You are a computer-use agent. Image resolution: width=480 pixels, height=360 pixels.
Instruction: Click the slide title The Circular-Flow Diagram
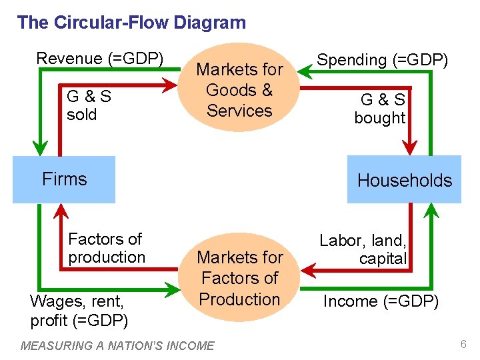[131, 23]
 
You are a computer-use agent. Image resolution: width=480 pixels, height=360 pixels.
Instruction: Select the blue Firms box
[64, 179]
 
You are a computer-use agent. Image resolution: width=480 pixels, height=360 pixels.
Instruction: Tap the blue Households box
[404, 180]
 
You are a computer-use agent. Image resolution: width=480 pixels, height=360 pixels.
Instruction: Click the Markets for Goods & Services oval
[239, 90]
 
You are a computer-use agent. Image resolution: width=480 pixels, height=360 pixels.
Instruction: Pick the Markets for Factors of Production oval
[239, 278]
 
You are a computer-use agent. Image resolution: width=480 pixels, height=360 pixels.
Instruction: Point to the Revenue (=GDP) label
[99, 59]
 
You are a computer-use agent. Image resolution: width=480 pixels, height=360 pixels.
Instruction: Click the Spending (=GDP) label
[382, 60]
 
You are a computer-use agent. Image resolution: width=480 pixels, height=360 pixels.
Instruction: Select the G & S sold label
[89, 105]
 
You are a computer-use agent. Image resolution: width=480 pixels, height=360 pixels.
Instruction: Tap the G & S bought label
[380, 109]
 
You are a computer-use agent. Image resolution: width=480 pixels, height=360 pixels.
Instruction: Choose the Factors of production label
[107, 248]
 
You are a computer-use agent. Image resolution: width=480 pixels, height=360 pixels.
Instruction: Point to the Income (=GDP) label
[381, 301]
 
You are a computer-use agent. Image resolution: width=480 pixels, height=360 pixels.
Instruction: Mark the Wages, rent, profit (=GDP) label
[79, 311]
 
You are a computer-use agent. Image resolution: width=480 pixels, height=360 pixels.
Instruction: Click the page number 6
[462, 344]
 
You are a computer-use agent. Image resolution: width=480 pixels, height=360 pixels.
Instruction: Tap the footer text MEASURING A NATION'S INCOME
[118, 345]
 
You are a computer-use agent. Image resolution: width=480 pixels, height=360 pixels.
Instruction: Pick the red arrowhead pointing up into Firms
[61, 212]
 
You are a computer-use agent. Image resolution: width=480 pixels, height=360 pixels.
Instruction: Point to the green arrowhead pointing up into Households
[431, 211]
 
